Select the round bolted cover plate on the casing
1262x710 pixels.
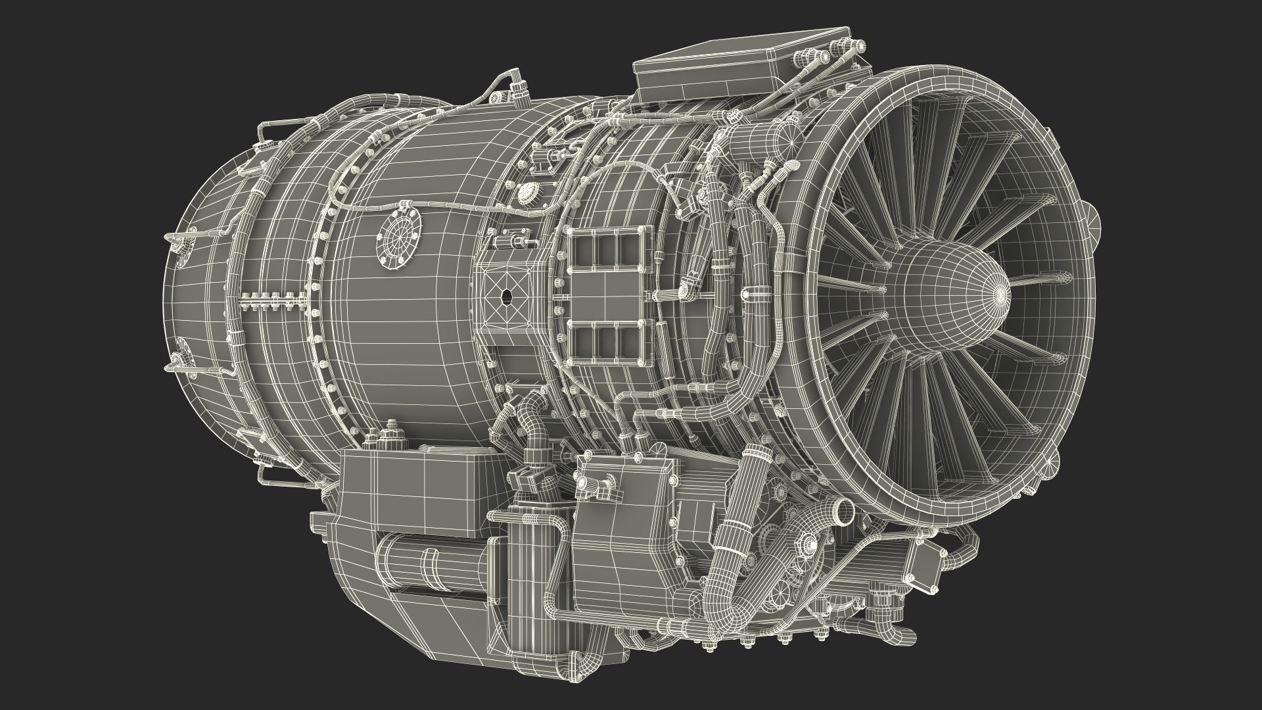pos(398,233)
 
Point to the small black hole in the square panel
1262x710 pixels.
pos(506,296)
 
